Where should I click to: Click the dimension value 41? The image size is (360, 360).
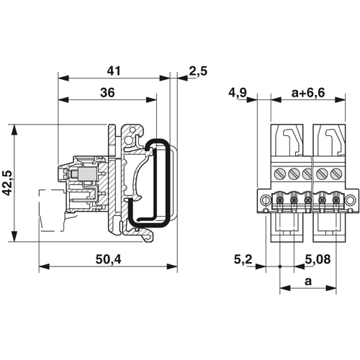113,71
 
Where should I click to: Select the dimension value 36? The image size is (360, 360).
107,93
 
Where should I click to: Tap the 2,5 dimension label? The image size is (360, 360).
198,71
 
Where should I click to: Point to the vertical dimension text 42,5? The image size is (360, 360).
6,183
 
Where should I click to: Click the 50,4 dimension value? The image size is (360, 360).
109,260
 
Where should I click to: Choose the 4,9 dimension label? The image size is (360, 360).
238,93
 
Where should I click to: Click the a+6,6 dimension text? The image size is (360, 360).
308,93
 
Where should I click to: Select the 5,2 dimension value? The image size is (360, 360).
243,259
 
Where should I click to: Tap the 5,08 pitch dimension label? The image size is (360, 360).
318,259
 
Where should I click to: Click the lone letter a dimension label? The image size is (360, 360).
308,281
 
